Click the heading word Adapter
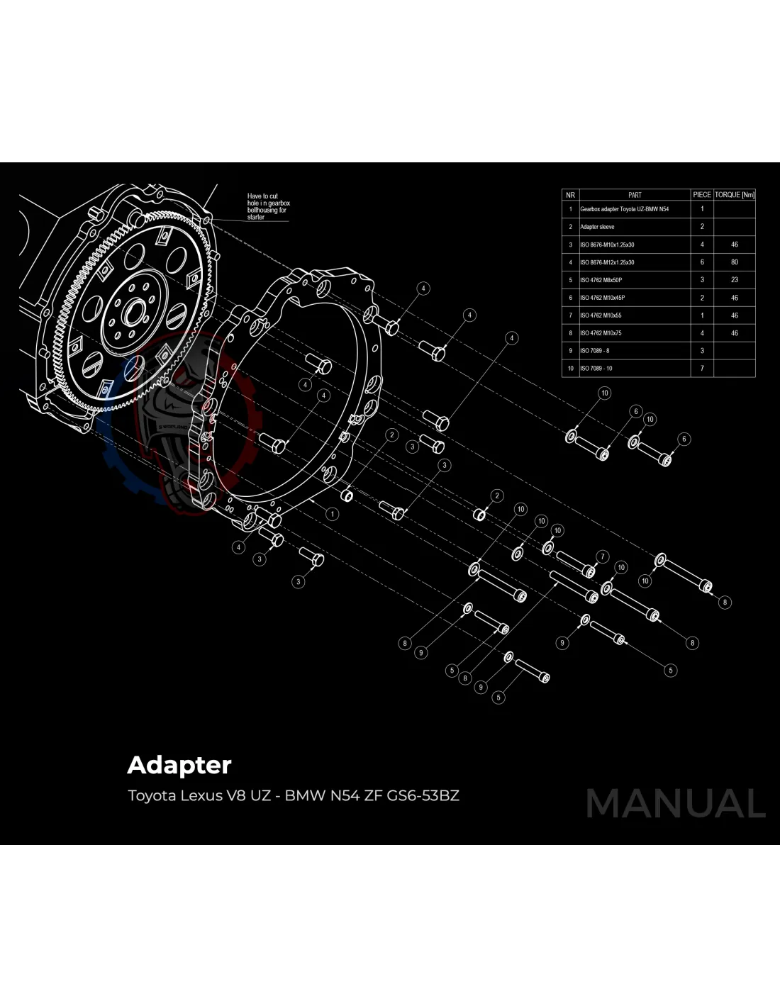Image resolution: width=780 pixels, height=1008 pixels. pos(179,766)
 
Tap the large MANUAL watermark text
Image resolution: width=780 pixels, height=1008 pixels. pos(675,804)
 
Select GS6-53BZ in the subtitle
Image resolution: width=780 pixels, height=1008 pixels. pos(423,795)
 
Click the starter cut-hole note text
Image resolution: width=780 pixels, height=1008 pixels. pos(268,206)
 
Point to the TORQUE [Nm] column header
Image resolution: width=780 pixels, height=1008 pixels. pos(734,194)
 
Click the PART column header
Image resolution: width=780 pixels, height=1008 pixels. pos(635,194)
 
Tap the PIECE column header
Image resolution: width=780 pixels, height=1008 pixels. pos(702,194)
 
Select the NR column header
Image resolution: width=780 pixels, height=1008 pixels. pos(570,194)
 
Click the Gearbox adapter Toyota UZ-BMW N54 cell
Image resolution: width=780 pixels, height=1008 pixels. pos(624,209)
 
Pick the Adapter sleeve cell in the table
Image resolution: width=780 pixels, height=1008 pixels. pos(597,227)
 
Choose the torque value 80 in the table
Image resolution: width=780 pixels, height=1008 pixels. pos(734,262)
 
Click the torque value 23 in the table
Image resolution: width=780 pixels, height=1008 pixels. pos(734,280)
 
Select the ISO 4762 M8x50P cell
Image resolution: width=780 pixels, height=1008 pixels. pos(601,280)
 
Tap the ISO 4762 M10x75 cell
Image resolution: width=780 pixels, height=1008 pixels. pos(601,333)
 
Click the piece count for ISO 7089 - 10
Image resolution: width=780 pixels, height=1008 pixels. pos(702,369)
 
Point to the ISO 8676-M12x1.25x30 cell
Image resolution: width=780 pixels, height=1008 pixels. pos(607,262)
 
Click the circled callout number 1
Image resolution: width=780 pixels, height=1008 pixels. pos(332,514)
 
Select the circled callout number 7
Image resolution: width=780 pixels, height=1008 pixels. pos(603,556)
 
